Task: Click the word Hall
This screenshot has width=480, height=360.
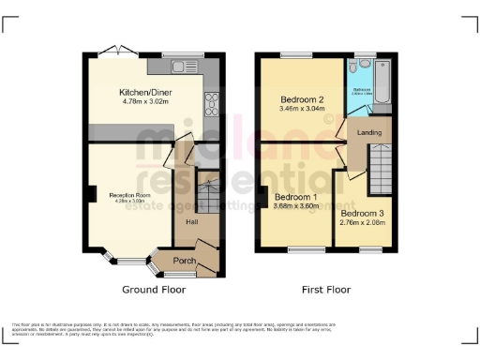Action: click(x=191, y=222)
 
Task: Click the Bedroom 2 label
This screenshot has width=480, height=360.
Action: click(x=302, y=99)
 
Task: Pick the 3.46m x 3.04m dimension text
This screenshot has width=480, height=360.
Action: click(x=302, y=109)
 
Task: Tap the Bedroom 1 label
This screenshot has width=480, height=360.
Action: click(x=296, y=197)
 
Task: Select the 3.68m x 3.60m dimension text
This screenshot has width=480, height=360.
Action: click(x=296, y=206)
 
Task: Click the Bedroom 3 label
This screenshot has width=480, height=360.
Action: click(x=362, y=214)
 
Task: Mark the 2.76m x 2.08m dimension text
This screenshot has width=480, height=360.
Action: click(x=362, y=223)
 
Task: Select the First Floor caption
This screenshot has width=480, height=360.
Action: click(x=325, y=290)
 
